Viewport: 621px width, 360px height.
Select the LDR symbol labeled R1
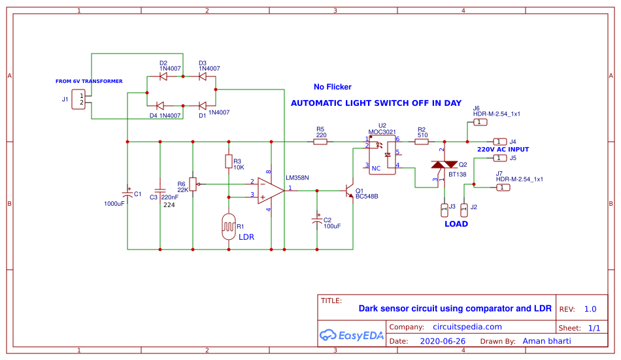click(x=229, y=227)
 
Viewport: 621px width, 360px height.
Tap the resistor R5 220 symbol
click(x=320, y=141)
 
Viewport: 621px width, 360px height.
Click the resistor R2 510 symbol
click(x=422, y=141)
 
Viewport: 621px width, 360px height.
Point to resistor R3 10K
click(x=228, y=161)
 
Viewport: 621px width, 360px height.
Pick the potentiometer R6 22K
click(x=193, y=184)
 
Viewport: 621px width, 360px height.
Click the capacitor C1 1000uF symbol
click(x=127, y=193)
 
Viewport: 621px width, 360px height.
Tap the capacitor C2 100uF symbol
click(x=317, y=221)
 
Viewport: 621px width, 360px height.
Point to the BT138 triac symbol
click(x=445, y=168)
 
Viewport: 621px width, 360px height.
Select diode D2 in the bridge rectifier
click(x=163, y=76)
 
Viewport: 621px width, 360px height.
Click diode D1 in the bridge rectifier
click(x=203, y=105)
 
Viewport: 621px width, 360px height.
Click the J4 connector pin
click(x=499, y=141)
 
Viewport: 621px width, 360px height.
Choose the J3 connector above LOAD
click(x=444, y=209)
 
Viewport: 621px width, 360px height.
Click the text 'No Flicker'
click(x=332, y=87)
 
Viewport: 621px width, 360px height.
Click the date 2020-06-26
click(x=442, y=341)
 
